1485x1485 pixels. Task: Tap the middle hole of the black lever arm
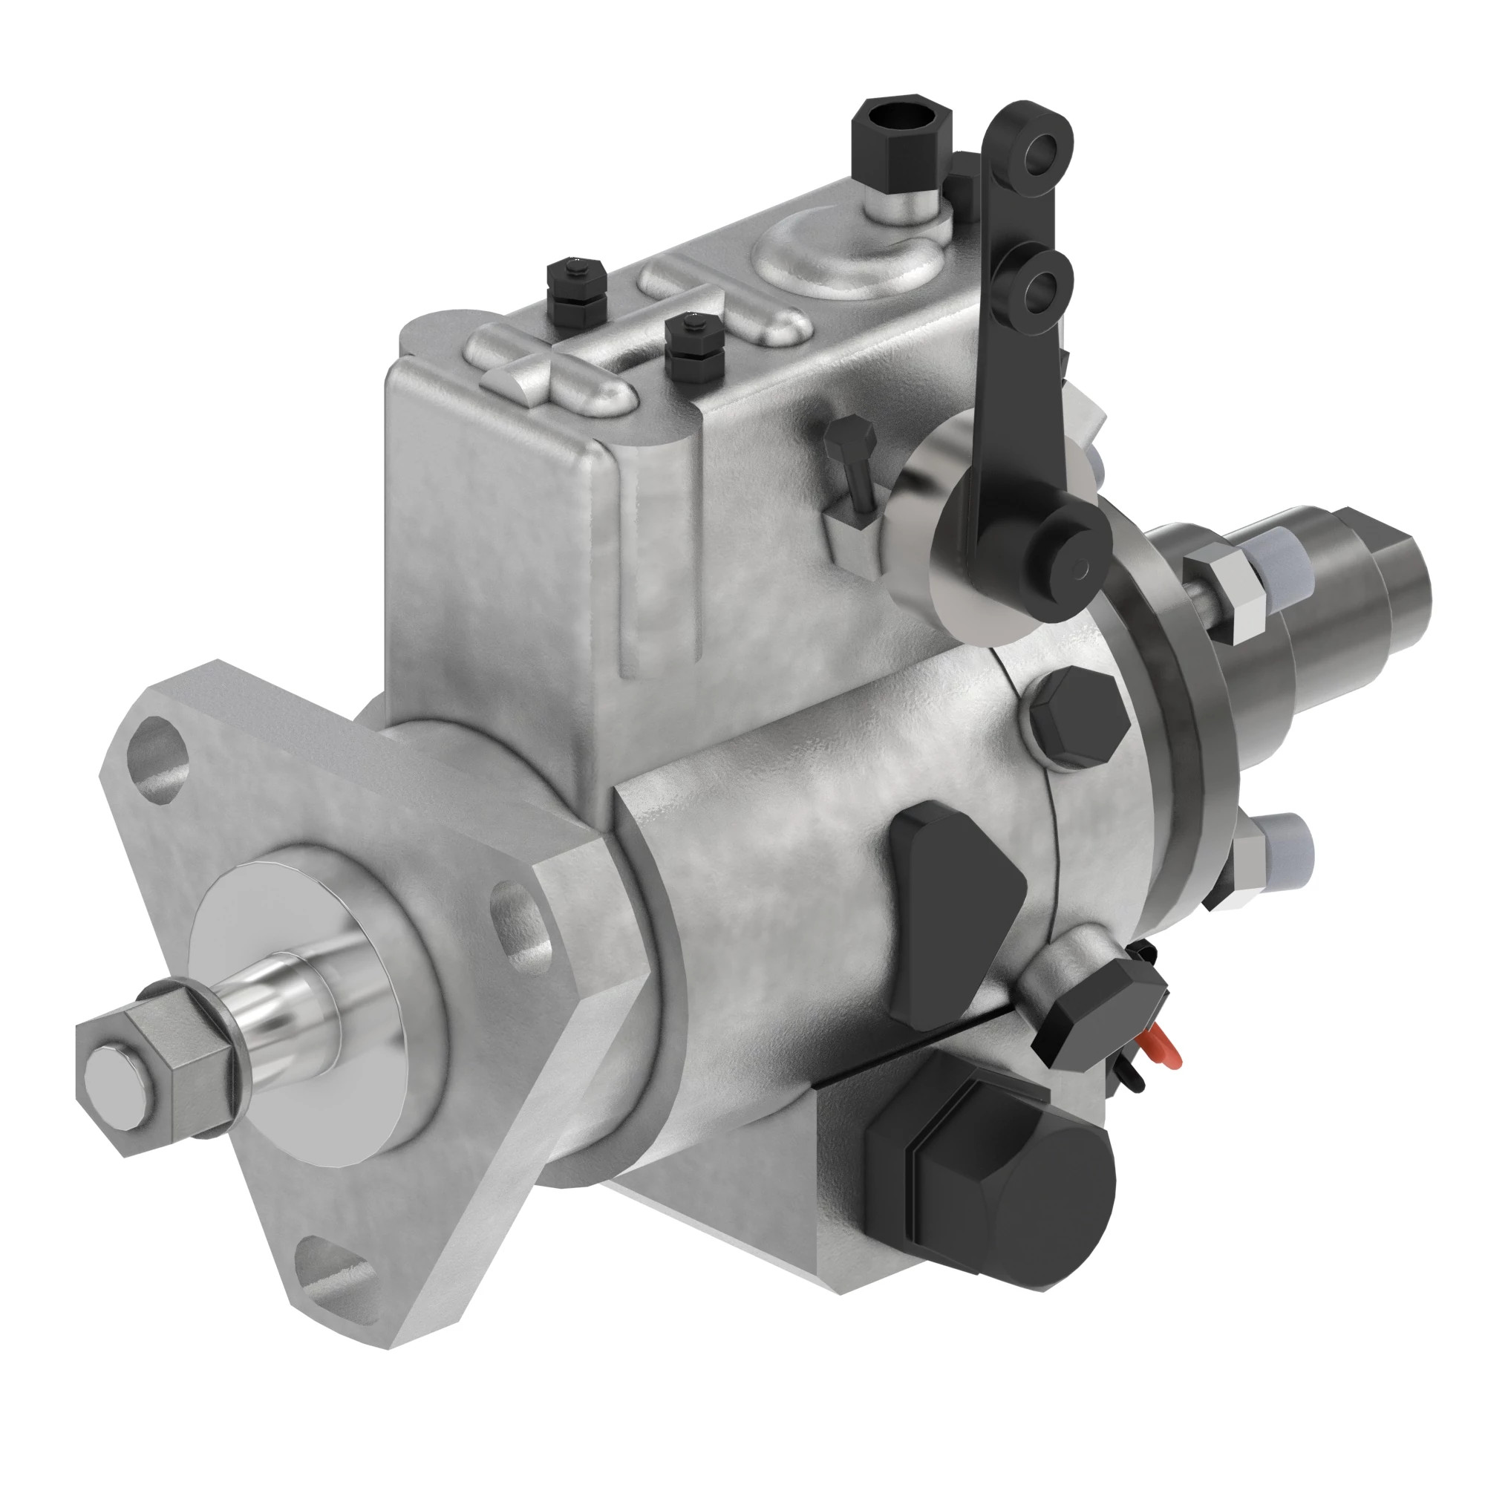pos(1039,286)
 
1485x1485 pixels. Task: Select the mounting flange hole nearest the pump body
pos(521,926)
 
